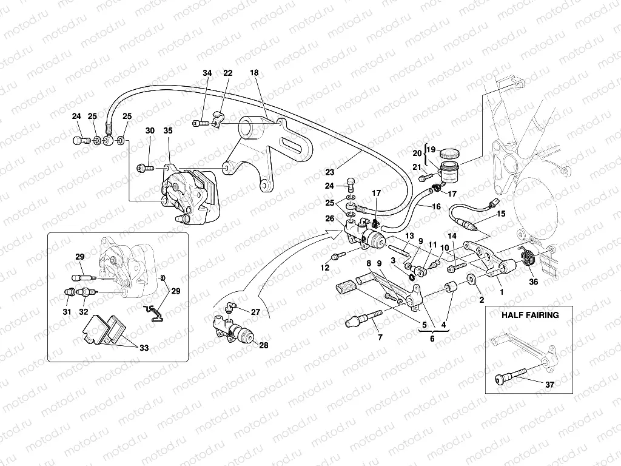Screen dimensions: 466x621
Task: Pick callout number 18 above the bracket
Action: [x=254, y=73]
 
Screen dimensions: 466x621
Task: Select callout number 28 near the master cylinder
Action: [x=263, y=345]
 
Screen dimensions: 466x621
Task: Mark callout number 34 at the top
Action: [x=207, y=73]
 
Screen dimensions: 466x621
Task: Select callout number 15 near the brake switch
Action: [x=500, y=214]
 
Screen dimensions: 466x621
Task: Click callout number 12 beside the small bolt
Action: [x=324, y=268]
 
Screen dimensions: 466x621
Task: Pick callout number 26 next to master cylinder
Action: [x=329, y=219]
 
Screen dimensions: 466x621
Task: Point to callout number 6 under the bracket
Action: [x=431, y=338]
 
